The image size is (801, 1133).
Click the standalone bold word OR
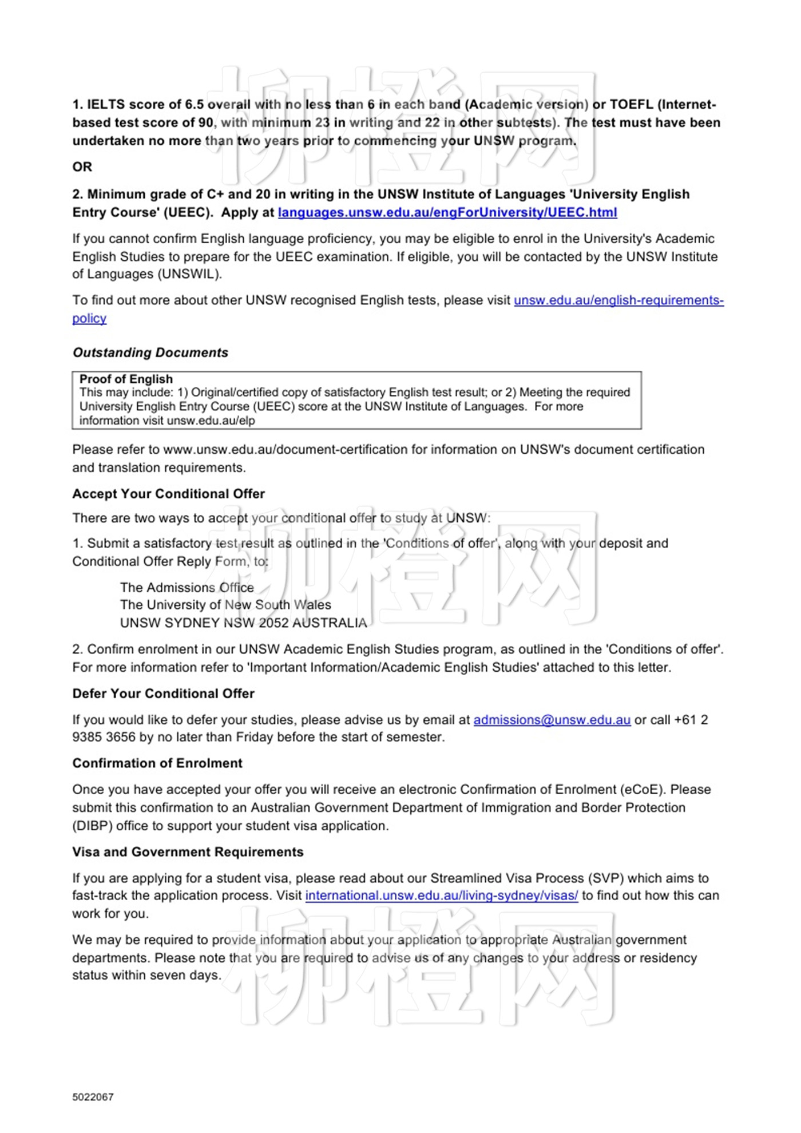[x=82, y=167]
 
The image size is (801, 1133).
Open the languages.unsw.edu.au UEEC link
[x=447, y=213]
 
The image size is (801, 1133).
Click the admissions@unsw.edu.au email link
[x=552, y=720]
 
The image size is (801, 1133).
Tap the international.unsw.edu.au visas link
[x=441, y=896]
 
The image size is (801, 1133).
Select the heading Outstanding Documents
[x=150, y=352]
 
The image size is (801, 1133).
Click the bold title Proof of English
[x=126, y=379]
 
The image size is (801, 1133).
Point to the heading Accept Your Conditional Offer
[x=168, y=494]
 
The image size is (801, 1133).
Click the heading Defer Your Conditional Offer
[x=163, y=694]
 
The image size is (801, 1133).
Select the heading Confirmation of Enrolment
[x=157, y=763]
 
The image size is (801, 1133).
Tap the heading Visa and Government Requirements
[x=188, y=852]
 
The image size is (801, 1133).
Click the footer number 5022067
[x=93, y=1097]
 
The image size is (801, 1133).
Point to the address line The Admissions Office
[x=187, y=588]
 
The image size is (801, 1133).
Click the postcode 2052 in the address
[x=273, y=623]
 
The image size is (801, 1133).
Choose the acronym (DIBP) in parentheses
[x=92, y=826]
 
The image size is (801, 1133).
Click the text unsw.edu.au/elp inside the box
[x=211, y=421]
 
